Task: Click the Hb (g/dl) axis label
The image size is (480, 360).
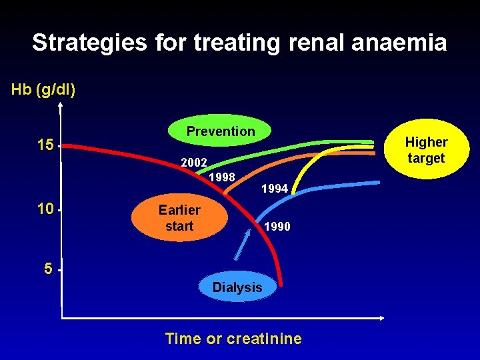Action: (43, 89)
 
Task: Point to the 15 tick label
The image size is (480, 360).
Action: (45, 145)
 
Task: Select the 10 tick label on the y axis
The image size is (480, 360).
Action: (45, 209)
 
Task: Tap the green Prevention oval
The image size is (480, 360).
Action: (221, 132)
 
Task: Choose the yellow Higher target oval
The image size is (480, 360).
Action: (426, 151)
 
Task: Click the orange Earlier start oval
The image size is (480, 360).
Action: (179, 218)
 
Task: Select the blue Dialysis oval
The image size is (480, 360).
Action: (237, 287)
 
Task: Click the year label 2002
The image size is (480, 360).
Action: (194, 163)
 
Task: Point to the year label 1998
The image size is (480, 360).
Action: (221, 177)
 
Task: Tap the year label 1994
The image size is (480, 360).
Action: (275, 189)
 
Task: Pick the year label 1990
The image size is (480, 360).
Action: (277, 227)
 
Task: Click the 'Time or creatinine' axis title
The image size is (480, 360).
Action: (233, 339)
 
